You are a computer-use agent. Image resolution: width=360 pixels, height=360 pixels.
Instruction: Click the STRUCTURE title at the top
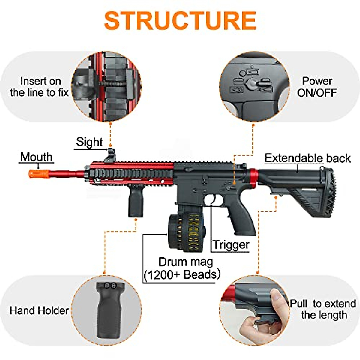click(x=180, y=20)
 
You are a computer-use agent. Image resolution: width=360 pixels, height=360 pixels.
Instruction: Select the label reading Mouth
click(x=36, y=157)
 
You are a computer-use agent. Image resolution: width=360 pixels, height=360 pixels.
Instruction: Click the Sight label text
click(x=89, y=142)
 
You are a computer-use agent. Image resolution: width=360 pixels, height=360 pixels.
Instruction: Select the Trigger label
click(x=231, y=245)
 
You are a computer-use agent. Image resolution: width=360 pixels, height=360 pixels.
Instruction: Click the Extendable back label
click(x=307, y=158)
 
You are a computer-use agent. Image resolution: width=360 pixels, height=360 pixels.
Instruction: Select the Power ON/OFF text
click(x=317, y=87)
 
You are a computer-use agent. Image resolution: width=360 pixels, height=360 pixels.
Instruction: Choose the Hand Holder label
click(x=39, y=310)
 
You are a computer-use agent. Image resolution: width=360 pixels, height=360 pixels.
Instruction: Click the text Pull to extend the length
click(x=323, y=309)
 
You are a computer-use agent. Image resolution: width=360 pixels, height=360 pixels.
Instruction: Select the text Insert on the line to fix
click(x=40, y=87)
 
